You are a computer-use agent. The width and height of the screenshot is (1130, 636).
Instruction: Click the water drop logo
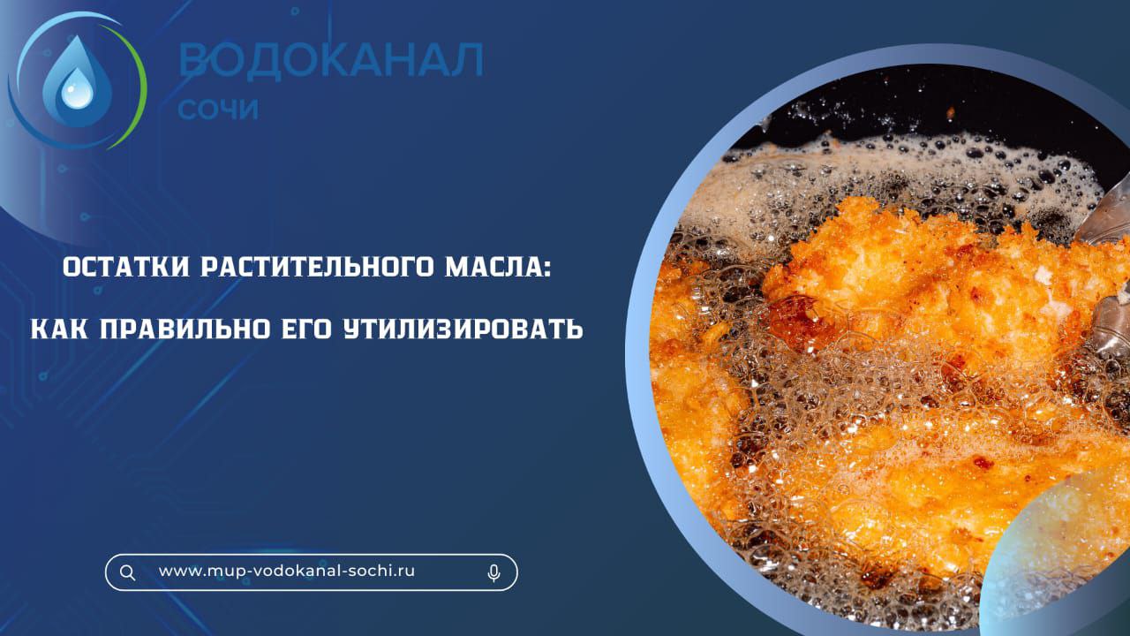[77, 80]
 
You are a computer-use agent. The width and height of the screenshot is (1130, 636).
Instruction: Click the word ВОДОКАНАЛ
[331, 60]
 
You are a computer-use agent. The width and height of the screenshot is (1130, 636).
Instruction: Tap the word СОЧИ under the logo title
[218, 109]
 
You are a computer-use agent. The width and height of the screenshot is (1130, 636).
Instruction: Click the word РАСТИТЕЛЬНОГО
[317, 267]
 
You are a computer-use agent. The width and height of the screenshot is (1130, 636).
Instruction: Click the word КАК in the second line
[59, 329]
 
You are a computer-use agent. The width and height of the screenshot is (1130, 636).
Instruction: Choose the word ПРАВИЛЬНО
[185, 329]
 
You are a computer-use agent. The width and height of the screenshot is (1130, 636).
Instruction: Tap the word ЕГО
[306, 329]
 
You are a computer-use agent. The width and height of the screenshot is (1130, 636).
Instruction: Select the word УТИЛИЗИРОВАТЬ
[463, 329]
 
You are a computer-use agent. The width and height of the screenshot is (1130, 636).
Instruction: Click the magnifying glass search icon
[128, 572]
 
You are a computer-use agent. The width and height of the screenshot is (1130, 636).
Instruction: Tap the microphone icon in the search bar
[493, 573]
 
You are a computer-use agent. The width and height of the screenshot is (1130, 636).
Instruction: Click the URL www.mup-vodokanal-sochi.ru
[287, 571]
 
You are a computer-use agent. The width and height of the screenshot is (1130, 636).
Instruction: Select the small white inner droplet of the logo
[77, 94]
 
